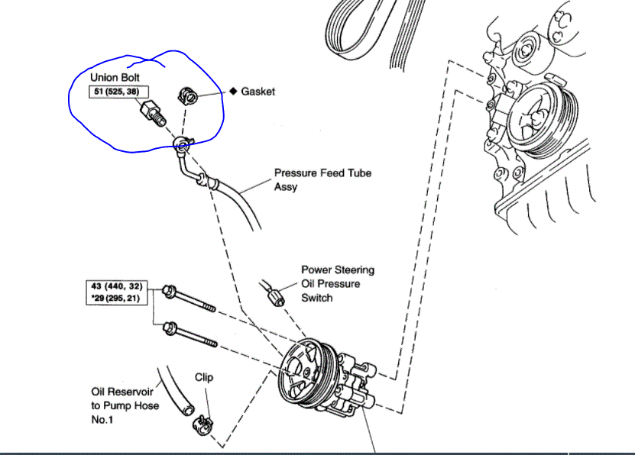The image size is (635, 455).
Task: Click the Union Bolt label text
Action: (x=115, y=78)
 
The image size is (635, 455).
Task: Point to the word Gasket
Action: (x=258, y=91)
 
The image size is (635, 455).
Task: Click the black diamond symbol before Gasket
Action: (x=234, y=91)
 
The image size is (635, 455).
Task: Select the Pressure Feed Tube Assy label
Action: (x=322, y=179)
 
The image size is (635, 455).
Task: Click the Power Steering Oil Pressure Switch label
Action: (x=337, y=283)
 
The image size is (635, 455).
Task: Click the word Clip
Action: (x=203, y=377)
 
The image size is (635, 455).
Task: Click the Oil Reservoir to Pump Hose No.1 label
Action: (x=125, y=405)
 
